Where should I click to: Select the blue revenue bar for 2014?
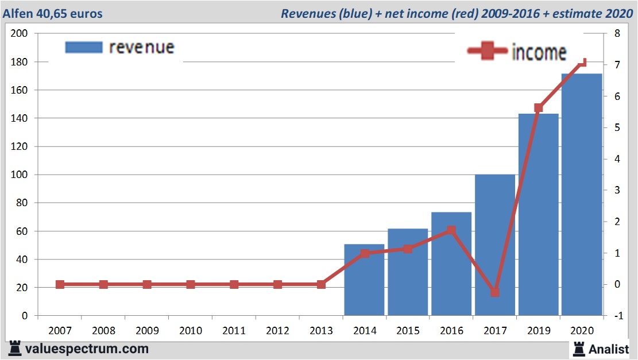point(364,280)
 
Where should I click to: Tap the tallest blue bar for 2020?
point(582,195)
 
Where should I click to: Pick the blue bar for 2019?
point(539,215)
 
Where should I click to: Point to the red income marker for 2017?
point(495,292)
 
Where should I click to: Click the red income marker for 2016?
point(451,230)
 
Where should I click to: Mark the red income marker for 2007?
point(60,284)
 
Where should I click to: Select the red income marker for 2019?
point(539,108)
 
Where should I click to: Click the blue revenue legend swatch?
point(84,47)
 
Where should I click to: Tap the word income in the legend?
point(539,52)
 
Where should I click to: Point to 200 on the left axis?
point(20,33)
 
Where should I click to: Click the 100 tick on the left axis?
point(20,175)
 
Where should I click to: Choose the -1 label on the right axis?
point(616,316)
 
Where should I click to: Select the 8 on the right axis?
point(617,33)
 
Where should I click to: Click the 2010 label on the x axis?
point(191,330)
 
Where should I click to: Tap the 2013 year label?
point(321,330)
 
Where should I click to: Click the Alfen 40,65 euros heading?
point(53,13)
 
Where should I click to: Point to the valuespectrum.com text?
point(87,349)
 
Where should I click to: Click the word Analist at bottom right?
point(609,348)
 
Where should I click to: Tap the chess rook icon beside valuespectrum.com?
point(15,349)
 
